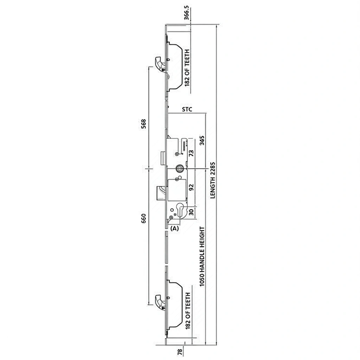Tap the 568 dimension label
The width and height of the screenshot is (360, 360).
pyautogui.click(x=143, y=125)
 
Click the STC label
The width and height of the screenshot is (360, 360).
pyautogui.click(x=187, y=110)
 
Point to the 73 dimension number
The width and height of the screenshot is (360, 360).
pyautogui.click(x=191, y=153)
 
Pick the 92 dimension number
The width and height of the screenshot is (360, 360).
pyautogui.click(x=191, y=187)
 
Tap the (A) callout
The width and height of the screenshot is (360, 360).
pyautogui.click(x=174, y=228)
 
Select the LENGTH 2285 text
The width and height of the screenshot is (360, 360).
pyautogui.click(x=213, y=180)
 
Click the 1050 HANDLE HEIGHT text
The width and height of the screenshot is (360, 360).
pyautogui.click(x=202, y=257)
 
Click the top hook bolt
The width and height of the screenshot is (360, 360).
pyautogui.click(x=160, y=64)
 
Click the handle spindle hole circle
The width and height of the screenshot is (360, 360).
pyautogui.click(x=179, y=169)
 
